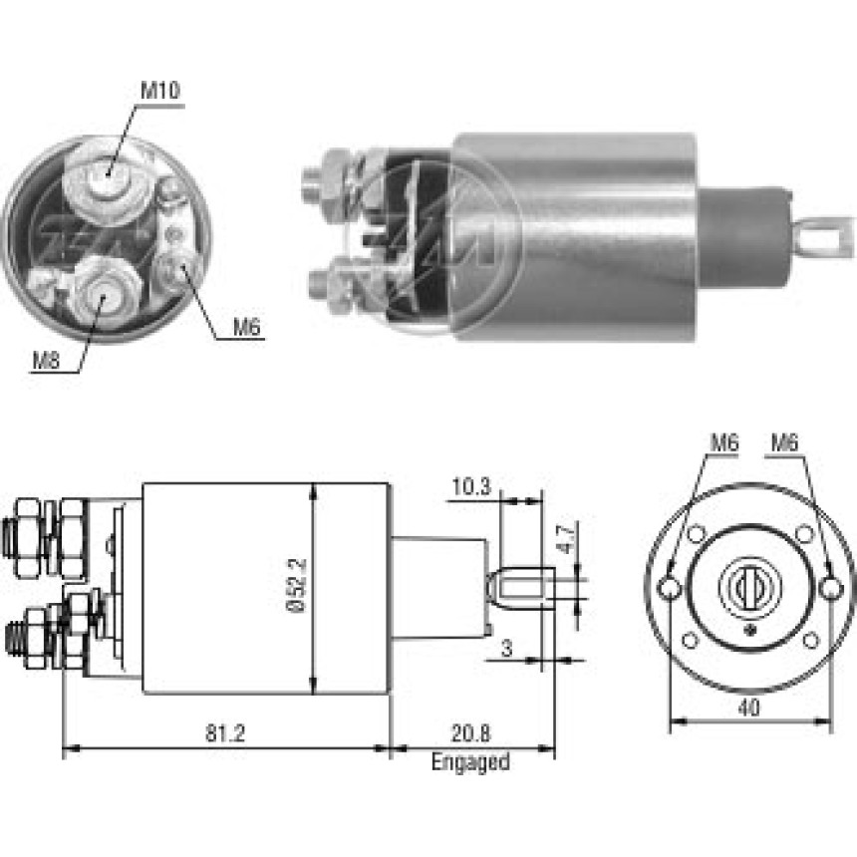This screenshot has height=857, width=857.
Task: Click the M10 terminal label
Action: [159, 91]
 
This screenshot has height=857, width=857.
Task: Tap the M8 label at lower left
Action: [47, 361]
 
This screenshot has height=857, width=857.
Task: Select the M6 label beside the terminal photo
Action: [246, 327]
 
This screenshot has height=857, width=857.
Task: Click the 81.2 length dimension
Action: [225, 732]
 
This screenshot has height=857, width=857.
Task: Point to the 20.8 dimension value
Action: [470, 732]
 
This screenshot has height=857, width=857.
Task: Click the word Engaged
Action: [470, 762]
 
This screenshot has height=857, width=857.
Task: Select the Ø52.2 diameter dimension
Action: [298, 585]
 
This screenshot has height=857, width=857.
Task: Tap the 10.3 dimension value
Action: [471, 486]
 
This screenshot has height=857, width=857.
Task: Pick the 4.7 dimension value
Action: [567, 538]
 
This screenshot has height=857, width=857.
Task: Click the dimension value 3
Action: [507, 648]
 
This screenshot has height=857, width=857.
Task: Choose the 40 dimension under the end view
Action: [748, 708]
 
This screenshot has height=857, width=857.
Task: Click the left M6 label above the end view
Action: [724, 442]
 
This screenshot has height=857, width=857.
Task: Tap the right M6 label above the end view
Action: [785, 442]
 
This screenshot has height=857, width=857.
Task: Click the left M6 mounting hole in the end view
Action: [670, 589]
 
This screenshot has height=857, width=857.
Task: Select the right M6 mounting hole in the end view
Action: [831, 589]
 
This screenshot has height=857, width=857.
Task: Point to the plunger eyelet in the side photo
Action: [822, 236]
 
